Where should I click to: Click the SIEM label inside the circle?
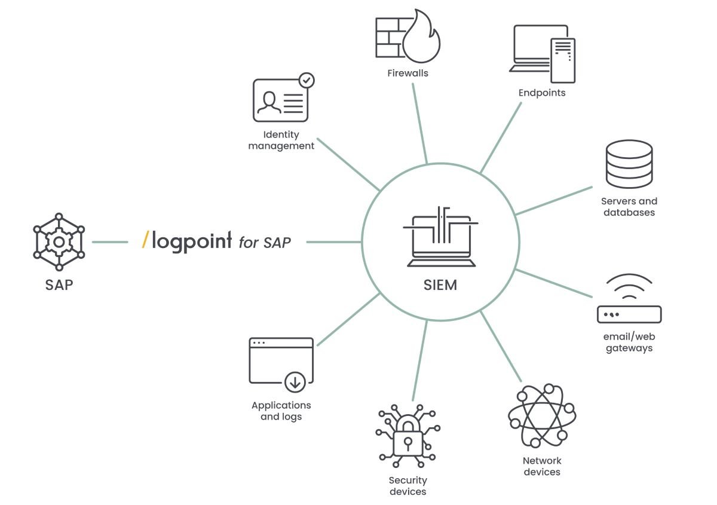click(x=440, y=285)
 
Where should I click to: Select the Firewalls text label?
click(x=407, y=74)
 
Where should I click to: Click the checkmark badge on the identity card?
click(x=307, y=80)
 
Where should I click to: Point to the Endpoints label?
click(x=542, y=93)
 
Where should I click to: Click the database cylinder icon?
click(x=629, y=164)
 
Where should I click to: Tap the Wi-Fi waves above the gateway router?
click(x=629, y=286)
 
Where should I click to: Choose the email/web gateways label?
click(x=629, y=342)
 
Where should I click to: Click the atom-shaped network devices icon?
click(x=542, y=415)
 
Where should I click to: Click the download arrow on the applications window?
click(x=295, y=382)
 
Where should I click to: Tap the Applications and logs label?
click(x=281, y=411)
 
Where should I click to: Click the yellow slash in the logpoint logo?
click(x=146, y=240)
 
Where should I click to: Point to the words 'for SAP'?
click(x=265, y=243)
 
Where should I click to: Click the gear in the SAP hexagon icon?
click(x=59, y=242)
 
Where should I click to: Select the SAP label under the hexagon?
click(x=59, y=285)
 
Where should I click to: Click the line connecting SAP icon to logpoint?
click(x=110, y=242)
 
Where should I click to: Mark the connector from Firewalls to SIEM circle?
click(x=419, y=124)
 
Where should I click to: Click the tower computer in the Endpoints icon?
click(x=563, y=60)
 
